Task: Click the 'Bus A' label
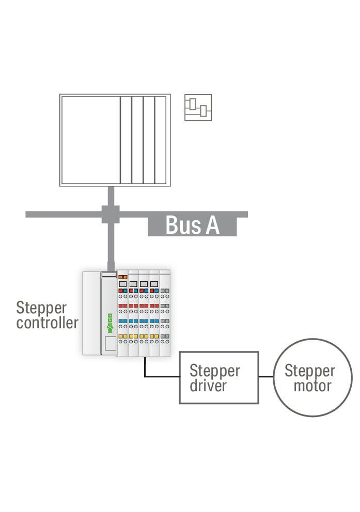point(193,225)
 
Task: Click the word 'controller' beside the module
point(48,323)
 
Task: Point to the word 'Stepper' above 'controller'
point(41,309)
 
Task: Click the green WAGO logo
point(110,323)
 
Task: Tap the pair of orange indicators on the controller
point(123,277)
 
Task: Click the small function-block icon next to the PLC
point(198,107)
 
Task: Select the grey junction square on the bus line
point(111,214)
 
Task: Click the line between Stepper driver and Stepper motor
point(266,376)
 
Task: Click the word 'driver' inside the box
point(208,386)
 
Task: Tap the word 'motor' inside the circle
point(312,386)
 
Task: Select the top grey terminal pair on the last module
point(165,290)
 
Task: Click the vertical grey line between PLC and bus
point(111,196)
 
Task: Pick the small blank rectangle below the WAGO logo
point(111,344)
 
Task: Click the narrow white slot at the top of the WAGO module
point(109,275)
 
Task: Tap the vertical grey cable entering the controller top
point(111,247)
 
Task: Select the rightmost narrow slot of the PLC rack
point(160,140)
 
